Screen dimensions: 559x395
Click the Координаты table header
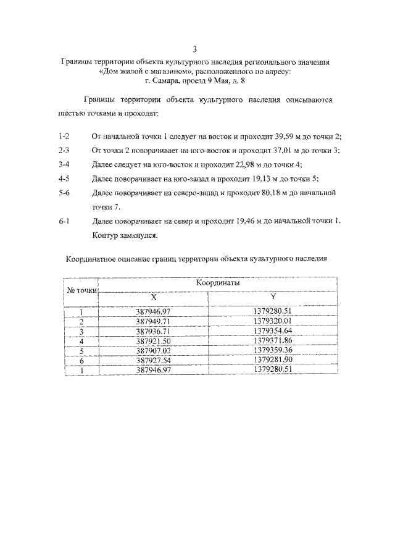coord(218,282)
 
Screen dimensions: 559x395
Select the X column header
coord(153,297)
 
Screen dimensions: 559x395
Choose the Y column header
coord(272,297)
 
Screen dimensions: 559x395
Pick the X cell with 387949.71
coord(153,322)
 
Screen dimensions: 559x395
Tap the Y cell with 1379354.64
coord(272,331)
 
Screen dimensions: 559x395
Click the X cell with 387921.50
coord(153,340)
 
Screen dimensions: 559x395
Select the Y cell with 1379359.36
coord(272,350)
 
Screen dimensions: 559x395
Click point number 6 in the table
coord(81,359)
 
